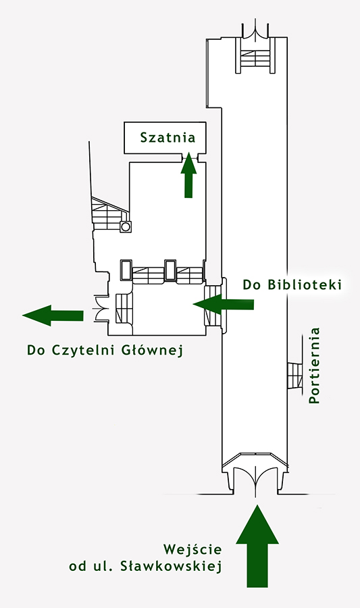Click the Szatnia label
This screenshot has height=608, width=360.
(168, 138)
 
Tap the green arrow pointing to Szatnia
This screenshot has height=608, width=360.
(188, 175)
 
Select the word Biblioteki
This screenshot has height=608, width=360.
(305, 284)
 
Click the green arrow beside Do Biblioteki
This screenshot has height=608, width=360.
(223, 304)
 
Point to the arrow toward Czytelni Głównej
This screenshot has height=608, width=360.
(53, 315)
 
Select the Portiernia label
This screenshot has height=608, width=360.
(314, 365)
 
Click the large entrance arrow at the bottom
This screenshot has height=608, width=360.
(257, 546)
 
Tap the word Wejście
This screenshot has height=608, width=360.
(192, 549)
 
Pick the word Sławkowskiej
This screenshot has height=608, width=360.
(171, 566)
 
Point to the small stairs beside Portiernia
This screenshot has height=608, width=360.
(295, 376)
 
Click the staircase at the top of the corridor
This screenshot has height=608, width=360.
(255, 55)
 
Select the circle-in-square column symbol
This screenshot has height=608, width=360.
(126, 226)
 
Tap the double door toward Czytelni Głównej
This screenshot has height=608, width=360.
(99, 309)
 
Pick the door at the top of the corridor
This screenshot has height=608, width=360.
(255, 31)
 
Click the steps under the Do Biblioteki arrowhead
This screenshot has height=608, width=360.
(212, 306)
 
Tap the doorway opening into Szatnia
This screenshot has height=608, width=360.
(190, 157)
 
